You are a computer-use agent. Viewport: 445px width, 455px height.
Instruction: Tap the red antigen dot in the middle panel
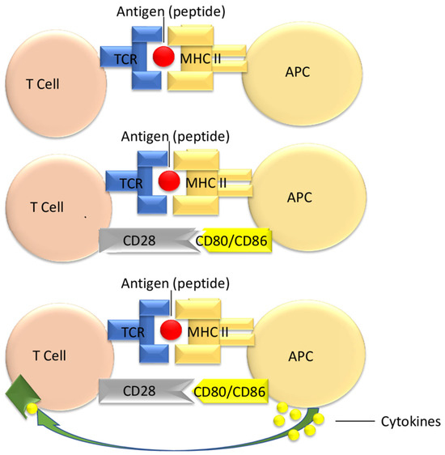tap(169, 180)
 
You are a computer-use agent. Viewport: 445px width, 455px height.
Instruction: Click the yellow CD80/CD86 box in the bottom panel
tap(235, 392)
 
